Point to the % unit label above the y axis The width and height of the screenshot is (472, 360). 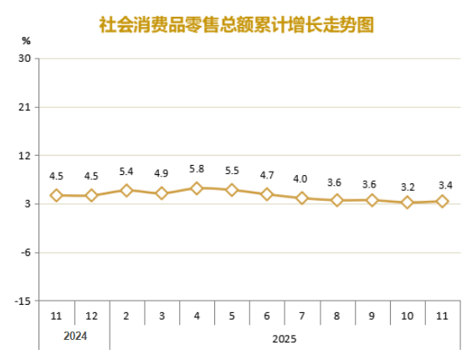click(26, 40)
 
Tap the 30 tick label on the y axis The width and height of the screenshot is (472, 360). click(24, 59)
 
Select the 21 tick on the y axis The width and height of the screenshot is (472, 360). click(24, 107)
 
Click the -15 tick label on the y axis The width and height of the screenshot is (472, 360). click(23, 301)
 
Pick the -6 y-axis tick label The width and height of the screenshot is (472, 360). click(24, 252)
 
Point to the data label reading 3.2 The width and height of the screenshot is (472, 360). click(408, 187)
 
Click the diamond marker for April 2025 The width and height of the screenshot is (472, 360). click(197, 188)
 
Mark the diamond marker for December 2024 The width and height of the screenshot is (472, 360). click(91, 196)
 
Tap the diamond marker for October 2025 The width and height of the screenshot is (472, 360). click(408, 203)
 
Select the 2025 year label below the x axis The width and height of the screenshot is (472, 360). click(285, 339)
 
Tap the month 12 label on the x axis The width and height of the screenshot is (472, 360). click(91, 317)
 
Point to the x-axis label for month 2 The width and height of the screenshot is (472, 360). click(126, 317)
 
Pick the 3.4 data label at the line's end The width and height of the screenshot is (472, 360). click(443, 185)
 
